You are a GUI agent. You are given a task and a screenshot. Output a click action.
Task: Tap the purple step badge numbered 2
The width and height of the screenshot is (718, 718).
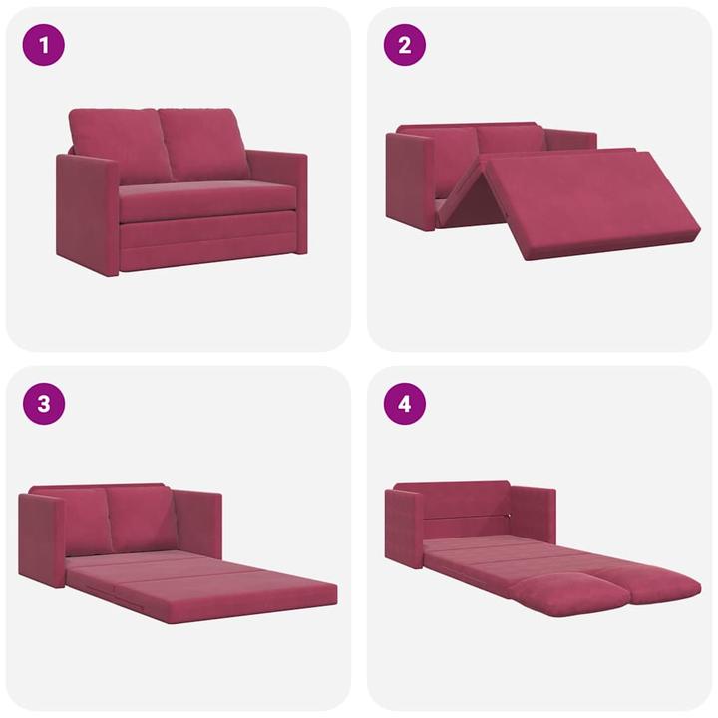point(404,45)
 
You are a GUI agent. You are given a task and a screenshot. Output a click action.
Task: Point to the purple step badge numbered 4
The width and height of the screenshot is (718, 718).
point(404,404)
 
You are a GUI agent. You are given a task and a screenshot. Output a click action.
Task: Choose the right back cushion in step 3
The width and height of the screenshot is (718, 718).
point(143,517)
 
